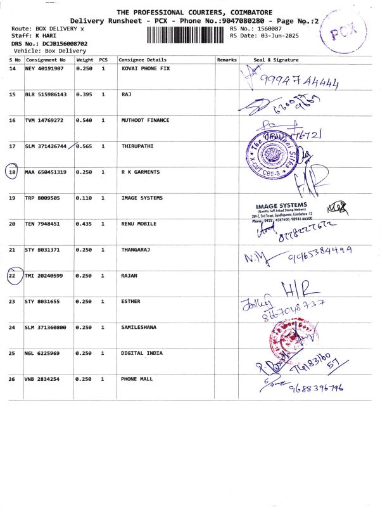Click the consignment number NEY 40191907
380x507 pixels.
[x=44, y=68]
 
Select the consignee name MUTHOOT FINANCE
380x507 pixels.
[x=145, y=120]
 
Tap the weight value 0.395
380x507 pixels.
[x=84, y=94]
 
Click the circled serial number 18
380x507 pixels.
[x=12, y=172]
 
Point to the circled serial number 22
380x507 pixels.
[x=12, y=276]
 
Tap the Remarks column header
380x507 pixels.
[x=226, y=60]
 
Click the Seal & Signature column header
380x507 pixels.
[x=275, y=60]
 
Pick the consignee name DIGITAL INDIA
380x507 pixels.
[x=141, y=353]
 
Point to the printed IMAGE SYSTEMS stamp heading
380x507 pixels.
[x=281, y=205]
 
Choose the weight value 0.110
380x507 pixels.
[x=84, y=198]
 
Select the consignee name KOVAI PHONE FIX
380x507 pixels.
[x=145, y=68]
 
